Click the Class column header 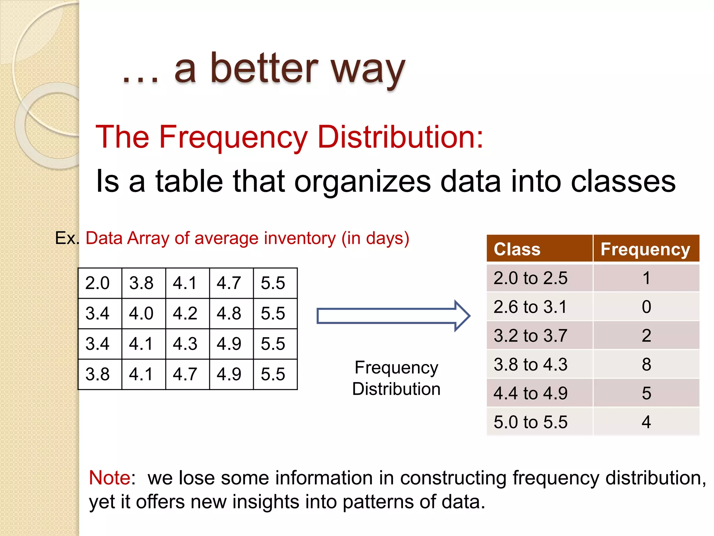pos(517,249)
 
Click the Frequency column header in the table pos(645,249)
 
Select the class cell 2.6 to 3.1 pos(530,307)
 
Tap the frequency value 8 pos(646,364)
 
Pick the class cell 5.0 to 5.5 pos(530,422)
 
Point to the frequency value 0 pos(646,307)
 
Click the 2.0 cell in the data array pos(98,283)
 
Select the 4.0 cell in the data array pos(141,313)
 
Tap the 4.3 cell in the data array pos(185,344)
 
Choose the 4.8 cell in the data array pos(229,313)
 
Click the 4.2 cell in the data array pos(185,313)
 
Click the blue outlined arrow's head pos(463,316)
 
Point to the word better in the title pos(264,68)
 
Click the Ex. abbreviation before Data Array pos(67,238)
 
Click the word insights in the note pos(265,501)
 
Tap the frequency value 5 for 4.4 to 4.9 pos(646,393)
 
